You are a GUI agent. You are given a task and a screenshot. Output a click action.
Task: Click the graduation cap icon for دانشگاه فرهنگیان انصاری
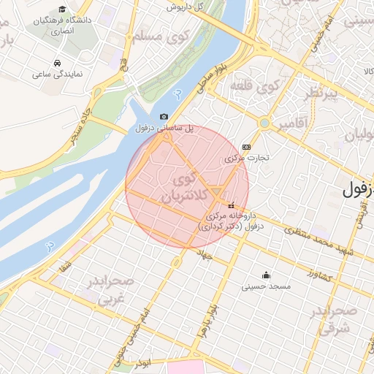click(x=62, y=9)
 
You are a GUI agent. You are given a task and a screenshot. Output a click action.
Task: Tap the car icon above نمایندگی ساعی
click(x=57, y=62)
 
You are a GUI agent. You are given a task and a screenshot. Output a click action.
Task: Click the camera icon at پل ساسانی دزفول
click(x=164, y=117)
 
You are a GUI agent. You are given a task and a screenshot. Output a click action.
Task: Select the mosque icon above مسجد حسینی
click(x=265, y=275)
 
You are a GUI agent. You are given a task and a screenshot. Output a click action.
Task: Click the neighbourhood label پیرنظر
click(x=321, y=94)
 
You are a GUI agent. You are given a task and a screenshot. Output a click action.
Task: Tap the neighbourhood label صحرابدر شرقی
click(x=335, y=319)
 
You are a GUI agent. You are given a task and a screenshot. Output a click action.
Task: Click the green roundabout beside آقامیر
click(x=264, y=123)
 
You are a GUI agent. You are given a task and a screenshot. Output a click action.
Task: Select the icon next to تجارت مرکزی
click(x=245, y=147)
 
